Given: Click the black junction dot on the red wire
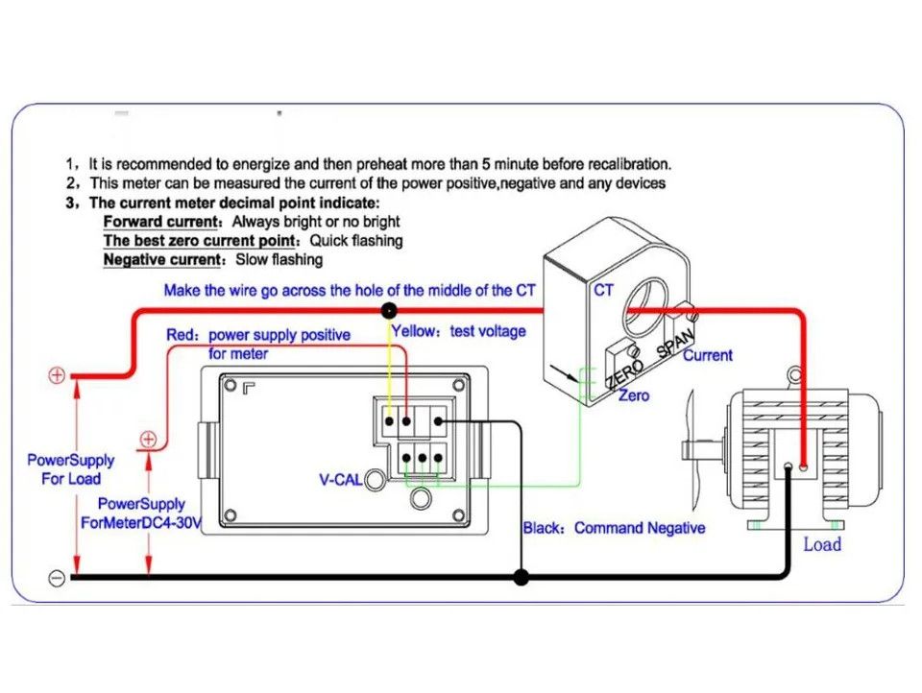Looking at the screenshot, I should point(389,310).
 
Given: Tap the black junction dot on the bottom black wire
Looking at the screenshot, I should point(521,577).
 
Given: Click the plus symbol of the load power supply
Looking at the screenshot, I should point(58,375).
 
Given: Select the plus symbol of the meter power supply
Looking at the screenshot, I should point(149,440).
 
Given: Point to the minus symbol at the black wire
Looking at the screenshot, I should point(57,578).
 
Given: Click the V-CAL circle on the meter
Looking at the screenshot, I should point(375,479).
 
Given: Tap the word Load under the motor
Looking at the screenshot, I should point(822,544).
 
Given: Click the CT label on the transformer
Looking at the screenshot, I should point(603,290).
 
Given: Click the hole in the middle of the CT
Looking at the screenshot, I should point(650,305).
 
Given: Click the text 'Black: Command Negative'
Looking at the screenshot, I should point(614,528).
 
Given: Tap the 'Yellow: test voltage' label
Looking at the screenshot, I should point(459,331).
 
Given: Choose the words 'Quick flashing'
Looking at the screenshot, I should point(355,241).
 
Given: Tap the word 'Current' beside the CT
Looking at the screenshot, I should point(708,355).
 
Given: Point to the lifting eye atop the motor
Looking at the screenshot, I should point(792,374).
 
